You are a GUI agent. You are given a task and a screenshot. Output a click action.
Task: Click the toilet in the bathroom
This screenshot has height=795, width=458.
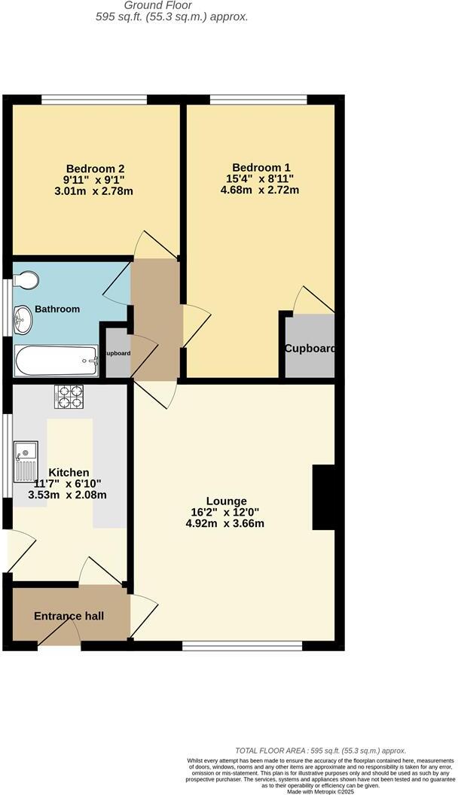pos(26,280)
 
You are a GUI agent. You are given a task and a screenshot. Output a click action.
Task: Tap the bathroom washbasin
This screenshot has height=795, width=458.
pos(22,320)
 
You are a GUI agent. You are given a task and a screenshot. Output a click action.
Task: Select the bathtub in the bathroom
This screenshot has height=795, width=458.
pos(56,361)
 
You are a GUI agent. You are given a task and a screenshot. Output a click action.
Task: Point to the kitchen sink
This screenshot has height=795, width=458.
pos(25,460)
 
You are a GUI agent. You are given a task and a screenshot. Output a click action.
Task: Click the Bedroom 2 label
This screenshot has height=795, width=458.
pos(95,168)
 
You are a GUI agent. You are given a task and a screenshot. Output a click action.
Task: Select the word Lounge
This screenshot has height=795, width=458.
pos(227,501)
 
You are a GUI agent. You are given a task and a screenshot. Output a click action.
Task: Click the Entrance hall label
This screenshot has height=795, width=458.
pos(69,617)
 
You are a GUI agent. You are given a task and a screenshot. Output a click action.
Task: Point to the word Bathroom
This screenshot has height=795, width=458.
pos(56,309)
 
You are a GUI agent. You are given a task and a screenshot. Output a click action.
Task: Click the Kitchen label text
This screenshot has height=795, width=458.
pos(69,472)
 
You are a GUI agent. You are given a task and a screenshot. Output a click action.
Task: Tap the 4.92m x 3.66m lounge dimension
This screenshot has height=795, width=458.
pos(224,524)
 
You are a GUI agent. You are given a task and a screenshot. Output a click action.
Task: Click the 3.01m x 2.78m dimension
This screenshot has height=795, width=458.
pos(94,190)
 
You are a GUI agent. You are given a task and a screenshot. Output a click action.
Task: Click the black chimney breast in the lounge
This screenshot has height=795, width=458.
pos(323,498)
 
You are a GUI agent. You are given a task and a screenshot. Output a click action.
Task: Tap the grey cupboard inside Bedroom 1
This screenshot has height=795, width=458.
pos(309,346)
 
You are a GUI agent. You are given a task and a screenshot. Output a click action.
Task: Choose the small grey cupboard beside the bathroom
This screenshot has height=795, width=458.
pos(117,353)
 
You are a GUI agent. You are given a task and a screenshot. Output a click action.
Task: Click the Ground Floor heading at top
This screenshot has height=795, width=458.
pos(173,5)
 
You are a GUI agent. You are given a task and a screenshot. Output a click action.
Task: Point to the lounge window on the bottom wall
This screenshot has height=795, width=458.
pos(243,644)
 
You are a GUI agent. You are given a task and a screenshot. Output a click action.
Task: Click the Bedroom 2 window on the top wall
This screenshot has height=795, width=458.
pos(93,99)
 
